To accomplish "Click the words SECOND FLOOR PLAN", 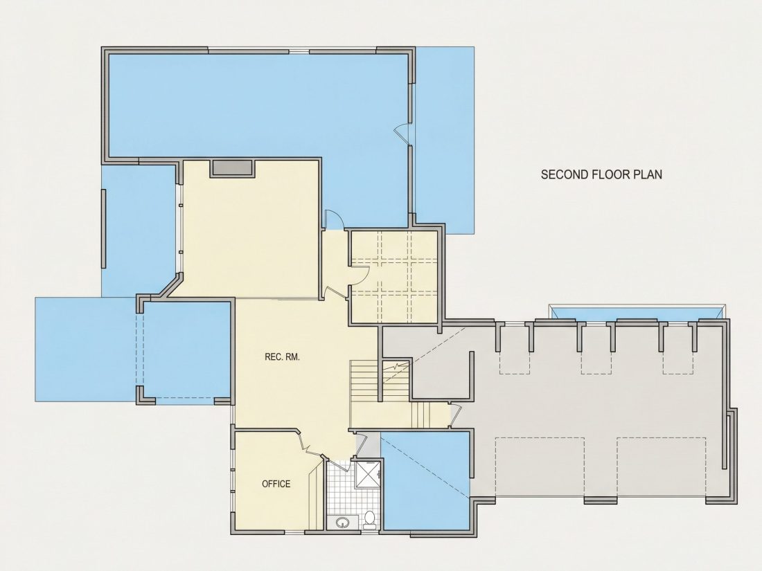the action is point(601,174).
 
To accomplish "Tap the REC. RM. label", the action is point(283,357).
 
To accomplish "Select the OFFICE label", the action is point(276,484).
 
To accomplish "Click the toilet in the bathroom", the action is point(370,519).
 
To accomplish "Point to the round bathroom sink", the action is point(343,523).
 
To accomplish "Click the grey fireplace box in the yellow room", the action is point(232,168).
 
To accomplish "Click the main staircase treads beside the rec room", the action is point(364,381).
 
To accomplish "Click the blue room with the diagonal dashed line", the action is point(426,481).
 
